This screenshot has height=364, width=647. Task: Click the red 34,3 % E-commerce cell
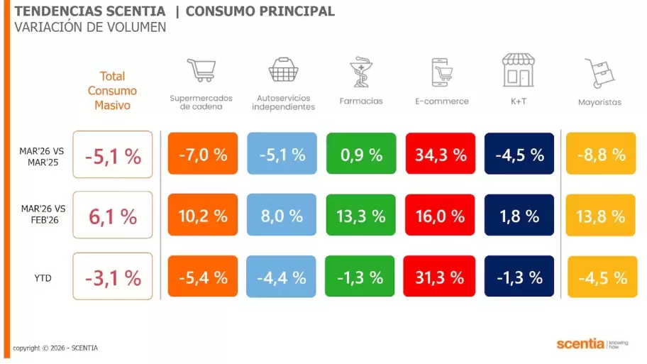[440, 153]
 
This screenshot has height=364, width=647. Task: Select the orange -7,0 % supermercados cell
[203, 153]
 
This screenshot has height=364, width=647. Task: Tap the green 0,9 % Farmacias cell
[360, 153]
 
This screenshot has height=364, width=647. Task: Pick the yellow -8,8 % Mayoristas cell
[600, 153]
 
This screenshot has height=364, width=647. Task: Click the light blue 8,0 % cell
[282, 215]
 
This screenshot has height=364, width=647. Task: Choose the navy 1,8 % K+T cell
[519, 215]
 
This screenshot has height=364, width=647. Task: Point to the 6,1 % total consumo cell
[113, 215]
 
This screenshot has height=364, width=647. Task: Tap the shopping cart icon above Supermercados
[201, 70]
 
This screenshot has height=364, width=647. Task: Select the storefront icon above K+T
[518, 69]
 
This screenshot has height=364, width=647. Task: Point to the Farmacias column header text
[360, 101]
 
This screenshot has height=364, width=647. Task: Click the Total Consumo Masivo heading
[112, 91]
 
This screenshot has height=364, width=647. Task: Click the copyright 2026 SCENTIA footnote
[55, 348]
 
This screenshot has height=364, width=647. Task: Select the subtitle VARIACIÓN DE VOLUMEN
[90, 27]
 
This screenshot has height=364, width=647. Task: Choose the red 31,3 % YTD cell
[438, 277]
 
